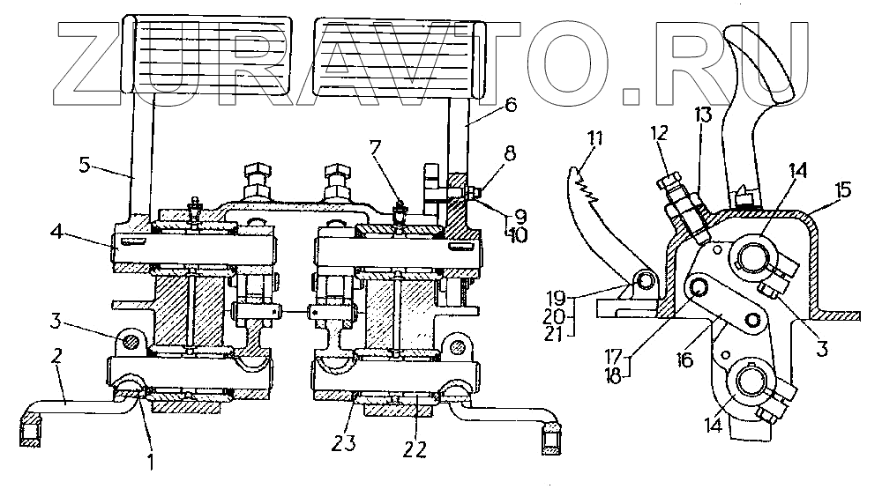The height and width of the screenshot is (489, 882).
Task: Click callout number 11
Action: click(598, 138)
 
